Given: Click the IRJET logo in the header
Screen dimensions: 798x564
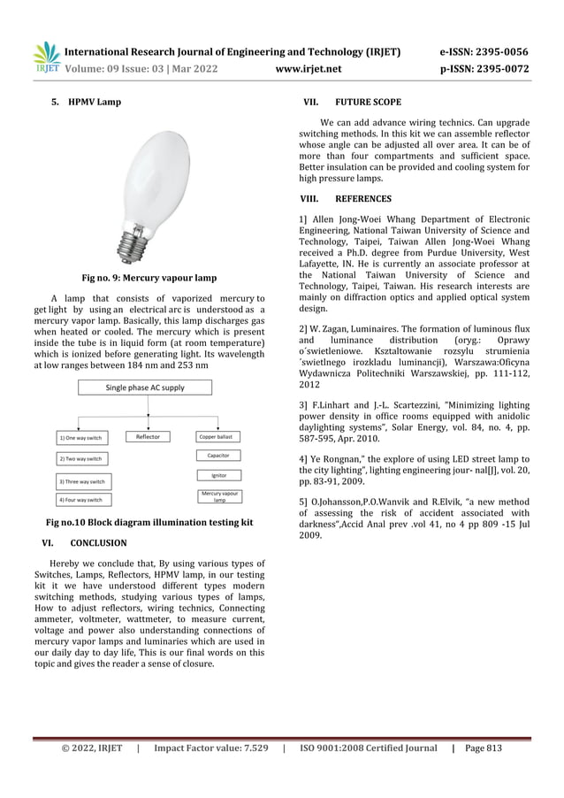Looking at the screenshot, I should [46, 56].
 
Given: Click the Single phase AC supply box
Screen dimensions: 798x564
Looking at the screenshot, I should [146, 387].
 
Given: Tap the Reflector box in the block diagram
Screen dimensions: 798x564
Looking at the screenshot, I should [149, 436].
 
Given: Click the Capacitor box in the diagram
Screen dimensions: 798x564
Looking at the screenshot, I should [218, 456].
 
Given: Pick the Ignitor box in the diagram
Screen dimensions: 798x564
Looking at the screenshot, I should [218, 476].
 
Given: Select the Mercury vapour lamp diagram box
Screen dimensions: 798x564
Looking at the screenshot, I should [218, 497].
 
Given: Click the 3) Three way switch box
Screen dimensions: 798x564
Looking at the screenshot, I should [81, 481].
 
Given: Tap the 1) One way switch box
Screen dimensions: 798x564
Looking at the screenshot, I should [80, 437].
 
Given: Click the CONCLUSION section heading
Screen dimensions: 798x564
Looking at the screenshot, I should [98, 542].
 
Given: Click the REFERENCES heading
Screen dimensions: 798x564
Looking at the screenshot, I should [363, 198].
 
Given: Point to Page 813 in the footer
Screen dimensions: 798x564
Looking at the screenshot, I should [483, 748].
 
